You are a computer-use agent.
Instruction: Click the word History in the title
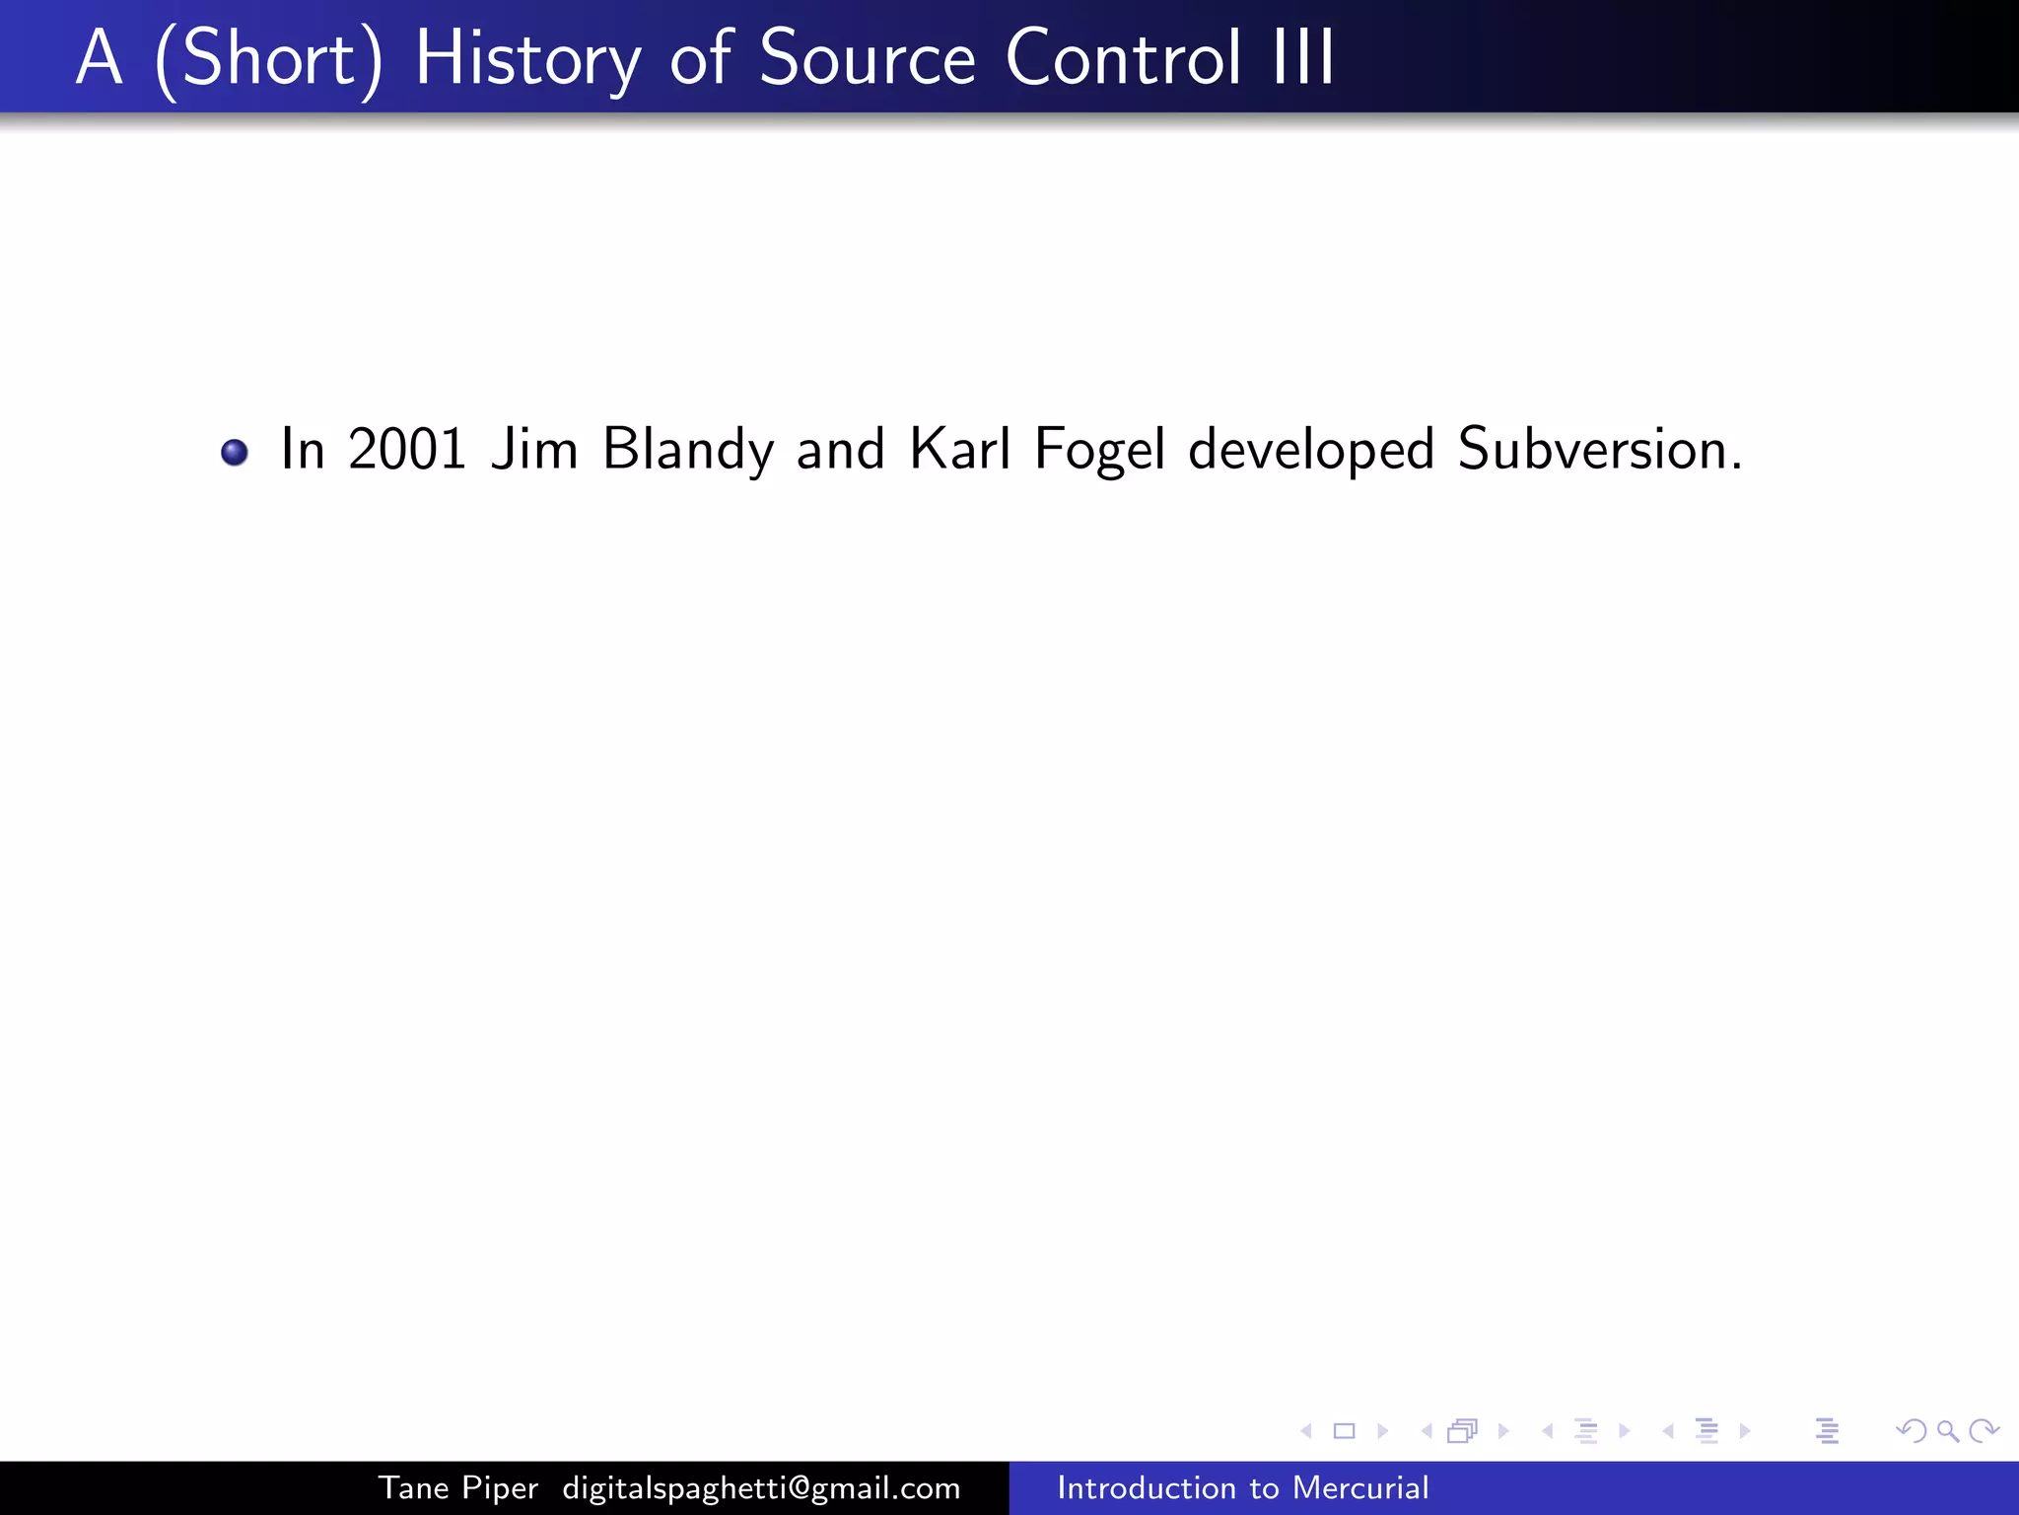tap(527, 59)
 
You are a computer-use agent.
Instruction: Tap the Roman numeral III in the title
tap(1303, 59)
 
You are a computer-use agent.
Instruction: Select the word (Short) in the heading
tap(268, 61)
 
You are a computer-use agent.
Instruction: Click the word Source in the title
tap(868, 59)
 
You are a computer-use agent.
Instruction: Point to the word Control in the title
tap(1123, 59)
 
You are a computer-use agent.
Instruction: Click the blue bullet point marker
tap(235, 453)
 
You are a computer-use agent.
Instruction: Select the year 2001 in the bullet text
tap(406, 450)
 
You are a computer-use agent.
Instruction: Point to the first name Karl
tap(960, 450)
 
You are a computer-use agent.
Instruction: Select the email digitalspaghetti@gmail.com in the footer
tap(761, 1488)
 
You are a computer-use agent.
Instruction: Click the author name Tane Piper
tap(458, 1488)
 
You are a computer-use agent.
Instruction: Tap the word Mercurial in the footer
tap(1360, 1487)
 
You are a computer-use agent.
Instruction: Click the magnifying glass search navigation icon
tap(1947, 1431)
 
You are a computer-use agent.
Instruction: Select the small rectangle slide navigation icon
tap(1345, 1431)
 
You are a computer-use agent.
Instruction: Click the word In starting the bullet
tap(303, 450)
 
